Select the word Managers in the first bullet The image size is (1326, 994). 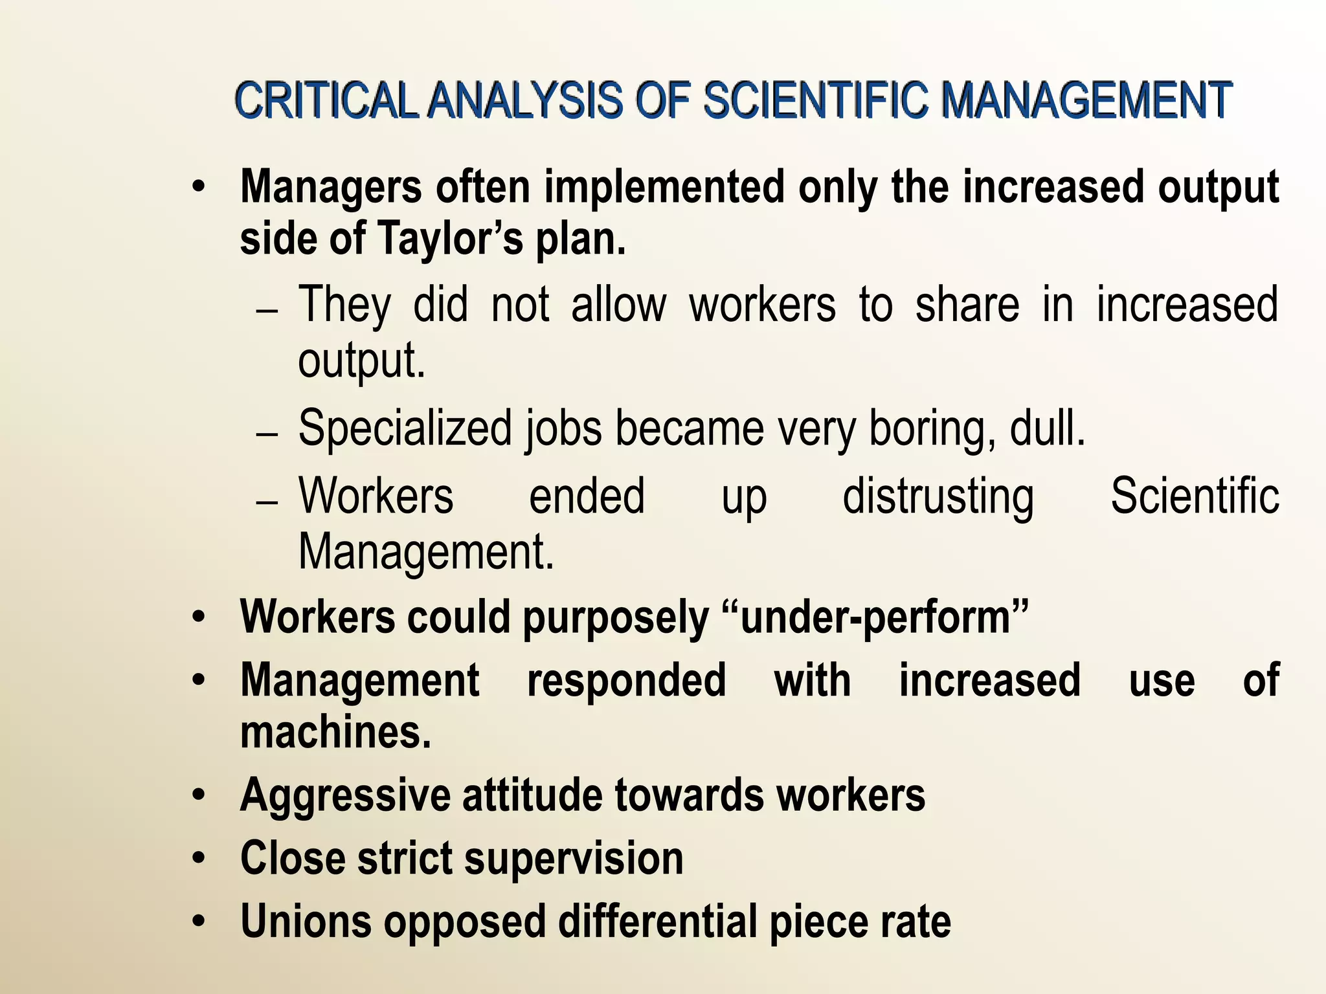331,188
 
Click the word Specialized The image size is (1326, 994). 405,428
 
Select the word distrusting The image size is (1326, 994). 938,497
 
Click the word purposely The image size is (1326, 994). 616,617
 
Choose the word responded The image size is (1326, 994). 626,680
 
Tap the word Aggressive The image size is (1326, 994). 345,795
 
